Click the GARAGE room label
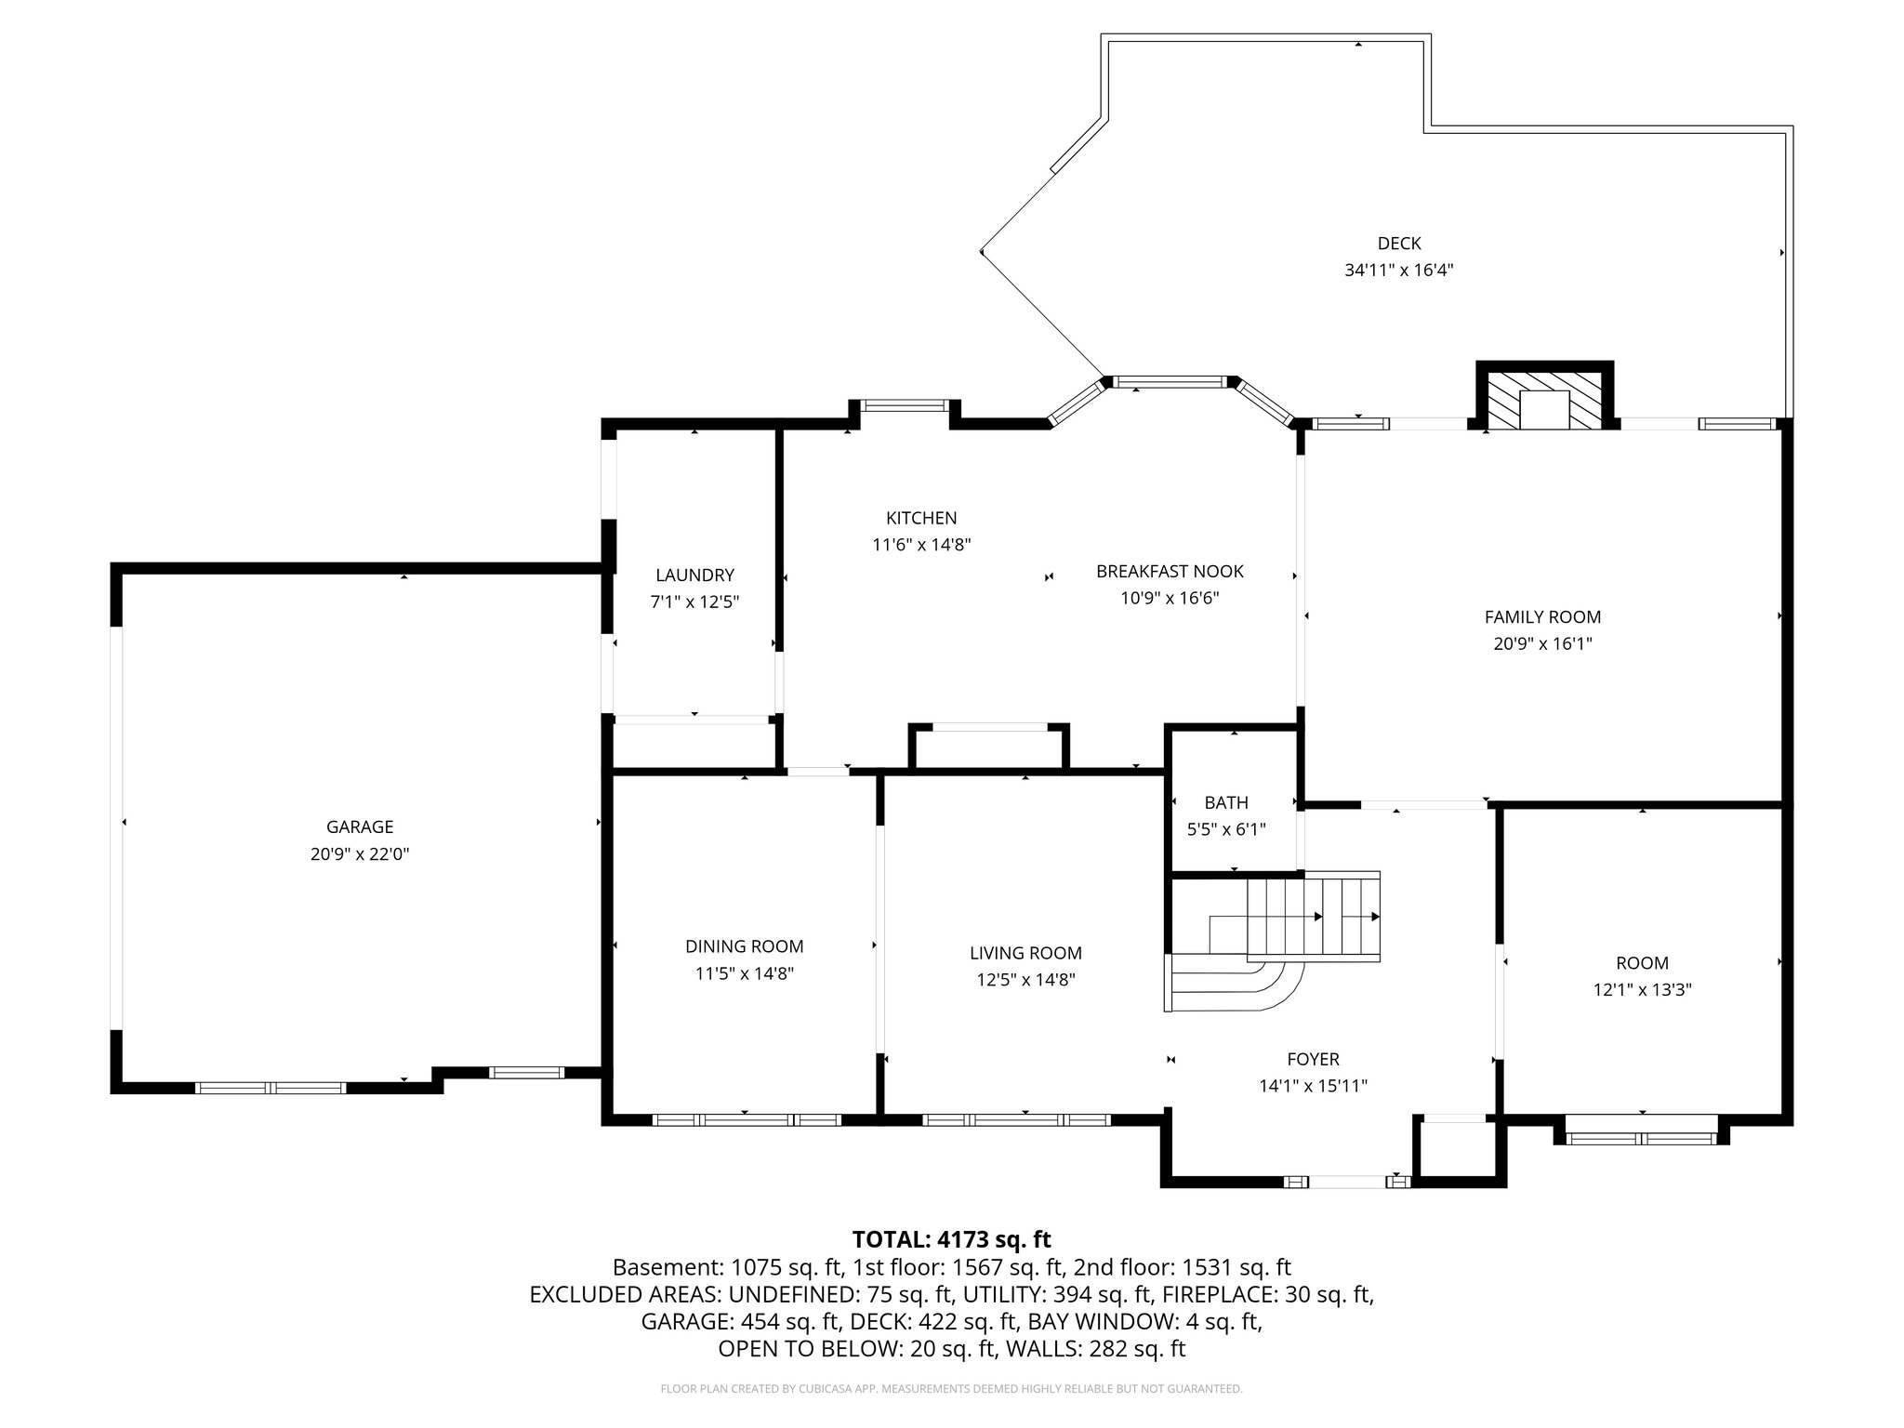coord(360,826)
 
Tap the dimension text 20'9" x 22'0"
coord(360,853)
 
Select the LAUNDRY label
coord(694,575)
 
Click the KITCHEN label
coord(920,518)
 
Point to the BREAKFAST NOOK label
coord(1169,571)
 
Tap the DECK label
coord(1398,244)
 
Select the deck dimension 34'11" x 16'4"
coord(1398,271)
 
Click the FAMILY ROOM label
coord(1542,616)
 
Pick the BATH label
coord(1225,802)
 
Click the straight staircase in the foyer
coord(1313,916)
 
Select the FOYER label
coord(1313,1059)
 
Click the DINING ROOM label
coord(744,946)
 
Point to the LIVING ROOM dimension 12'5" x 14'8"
coord(1025,979)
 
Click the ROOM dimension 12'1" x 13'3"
coord(1642,990)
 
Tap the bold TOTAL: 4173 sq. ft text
coord(951,1239)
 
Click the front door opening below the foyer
coord(1347,1182)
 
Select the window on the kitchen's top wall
coord(904,405)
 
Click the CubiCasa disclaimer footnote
coord(951,1389)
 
